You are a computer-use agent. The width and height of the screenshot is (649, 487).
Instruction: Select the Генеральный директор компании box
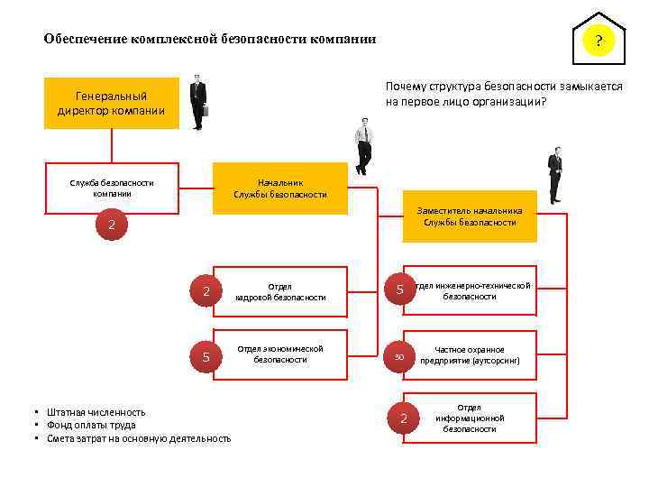pos(111,104)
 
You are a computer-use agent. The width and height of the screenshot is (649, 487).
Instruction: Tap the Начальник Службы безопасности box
pos(279,188)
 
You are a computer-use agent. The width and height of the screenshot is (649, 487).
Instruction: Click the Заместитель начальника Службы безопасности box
pos(469,216)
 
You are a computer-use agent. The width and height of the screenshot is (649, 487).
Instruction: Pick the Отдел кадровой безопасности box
pos(280,291)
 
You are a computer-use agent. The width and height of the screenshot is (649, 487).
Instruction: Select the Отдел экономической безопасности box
pos(280,354)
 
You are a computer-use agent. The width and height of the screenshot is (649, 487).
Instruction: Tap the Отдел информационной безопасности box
pos(470,418)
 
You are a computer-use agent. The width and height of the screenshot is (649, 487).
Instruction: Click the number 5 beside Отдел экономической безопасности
pos(206,357)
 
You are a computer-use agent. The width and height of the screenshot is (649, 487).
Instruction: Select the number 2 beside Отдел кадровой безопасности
pos(206,291)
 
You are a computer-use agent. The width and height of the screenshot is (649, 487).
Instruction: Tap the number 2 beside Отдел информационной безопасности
pos(404,418)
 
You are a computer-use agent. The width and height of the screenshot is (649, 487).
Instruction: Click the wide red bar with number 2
pos(112,225)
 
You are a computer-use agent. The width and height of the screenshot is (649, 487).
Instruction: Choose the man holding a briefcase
pos(197,102)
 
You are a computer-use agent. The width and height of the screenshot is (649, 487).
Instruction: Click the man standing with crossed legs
pos(363,147)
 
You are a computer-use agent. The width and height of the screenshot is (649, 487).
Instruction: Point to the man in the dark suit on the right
pos(555,174)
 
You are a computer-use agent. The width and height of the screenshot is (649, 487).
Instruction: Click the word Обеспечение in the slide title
pos(86,40)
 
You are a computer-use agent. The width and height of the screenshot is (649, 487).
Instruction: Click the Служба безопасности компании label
pos(112,188)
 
